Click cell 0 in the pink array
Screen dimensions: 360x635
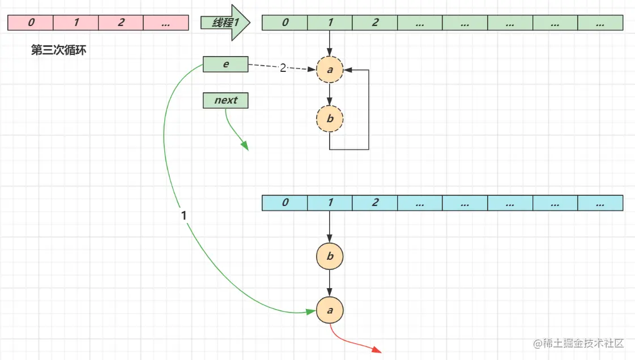[31, 23]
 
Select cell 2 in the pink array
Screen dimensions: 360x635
[121, 23]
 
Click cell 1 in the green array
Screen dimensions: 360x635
[329, 23]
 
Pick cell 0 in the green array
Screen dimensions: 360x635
[284, 23]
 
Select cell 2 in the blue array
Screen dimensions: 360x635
[374, 203]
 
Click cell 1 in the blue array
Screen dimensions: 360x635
[329, 203]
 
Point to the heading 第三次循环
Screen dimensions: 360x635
[58, 50]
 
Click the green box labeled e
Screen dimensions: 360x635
[225, 65]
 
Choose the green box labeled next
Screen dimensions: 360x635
[225, 101]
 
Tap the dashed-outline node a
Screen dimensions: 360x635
[330, 70]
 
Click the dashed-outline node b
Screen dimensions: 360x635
[330, 119]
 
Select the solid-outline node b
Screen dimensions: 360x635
[330, 257]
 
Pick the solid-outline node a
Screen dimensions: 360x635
[330, 311]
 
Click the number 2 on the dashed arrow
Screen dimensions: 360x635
[283, 68]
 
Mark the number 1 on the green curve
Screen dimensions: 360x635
[183, 216]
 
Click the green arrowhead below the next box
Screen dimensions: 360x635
[245, 146]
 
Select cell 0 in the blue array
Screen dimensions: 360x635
[284, 203]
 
